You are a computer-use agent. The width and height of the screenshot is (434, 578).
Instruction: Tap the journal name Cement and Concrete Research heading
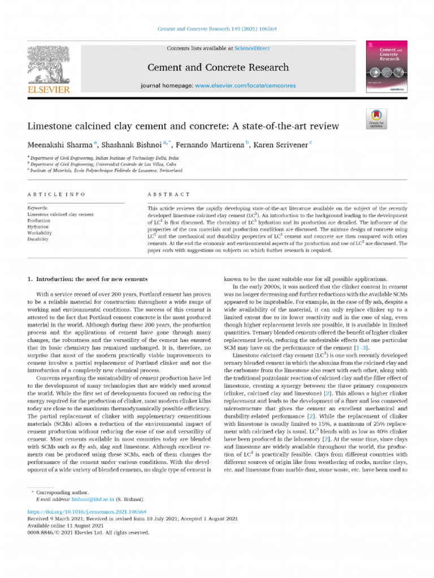(x=218, y=68)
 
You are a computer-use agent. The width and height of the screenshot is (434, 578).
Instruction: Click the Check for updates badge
(x=377, y=117)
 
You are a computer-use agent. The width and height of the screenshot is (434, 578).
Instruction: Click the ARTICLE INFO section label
(x=56, y=194)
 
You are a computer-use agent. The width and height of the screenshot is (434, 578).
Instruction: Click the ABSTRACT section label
(x=168, y=194)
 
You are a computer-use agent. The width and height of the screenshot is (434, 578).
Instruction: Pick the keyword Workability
(x=40, y=233)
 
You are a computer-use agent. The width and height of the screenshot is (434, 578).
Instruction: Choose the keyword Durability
(x=38, y=239)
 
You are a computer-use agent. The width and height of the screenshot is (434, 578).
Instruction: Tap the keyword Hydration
(x=38, y=226)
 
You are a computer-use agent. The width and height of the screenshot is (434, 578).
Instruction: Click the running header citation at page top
(x=217, y=29)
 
